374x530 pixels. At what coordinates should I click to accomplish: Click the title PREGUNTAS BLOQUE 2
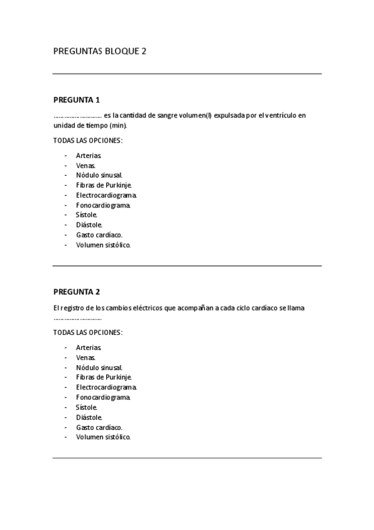[100, 51]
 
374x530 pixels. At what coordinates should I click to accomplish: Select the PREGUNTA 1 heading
[77, 100]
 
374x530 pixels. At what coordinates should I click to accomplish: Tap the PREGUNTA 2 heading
[77, 292]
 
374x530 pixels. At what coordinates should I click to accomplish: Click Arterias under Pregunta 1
[89, 155]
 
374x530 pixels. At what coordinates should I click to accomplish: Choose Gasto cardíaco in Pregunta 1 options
[99, 235]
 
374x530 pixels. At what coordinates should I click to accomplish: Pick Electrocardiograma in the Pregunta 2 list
[106, 387]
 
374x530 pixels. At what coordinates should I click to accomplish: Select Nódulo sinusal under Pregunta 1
[99, 175]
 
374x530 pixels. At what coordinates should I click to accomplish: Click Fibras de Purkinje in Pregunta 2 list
[104, 377]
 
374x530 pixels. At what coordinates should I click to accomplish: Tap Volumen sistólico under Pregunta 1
[104, 245]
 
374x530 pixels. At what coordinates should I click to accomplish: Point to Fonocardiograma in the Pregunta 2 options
[104, 397]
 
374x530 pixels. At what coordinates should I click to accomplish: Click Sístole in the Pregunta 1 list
[87, 215]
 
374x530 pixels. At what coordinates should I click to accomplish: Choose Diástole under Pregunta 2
[89, 417]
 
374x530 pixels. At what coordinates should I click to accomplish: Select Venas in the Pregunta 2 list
[86, 357]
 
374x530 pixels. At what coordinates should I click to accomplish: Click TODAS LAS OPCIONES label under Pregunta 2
[88, 332]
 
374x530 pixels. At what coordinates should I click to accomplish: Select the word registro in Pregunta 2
[73, 308]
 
